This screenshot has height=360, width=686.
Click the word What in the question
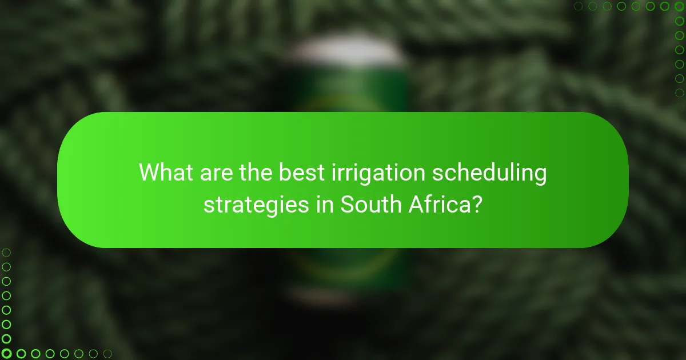point(165,172)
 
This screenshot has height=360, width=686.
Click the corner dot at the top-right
point(680,6)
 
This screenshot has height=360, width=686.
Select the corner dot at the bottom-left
point(6,354)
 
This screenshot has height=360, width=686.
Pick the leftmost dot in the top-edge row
point(579,6)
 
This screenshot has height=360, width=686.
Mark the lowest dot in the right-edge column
point(680,106)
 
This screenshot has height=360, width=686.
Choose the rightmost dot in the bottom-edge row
point(107,354)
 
